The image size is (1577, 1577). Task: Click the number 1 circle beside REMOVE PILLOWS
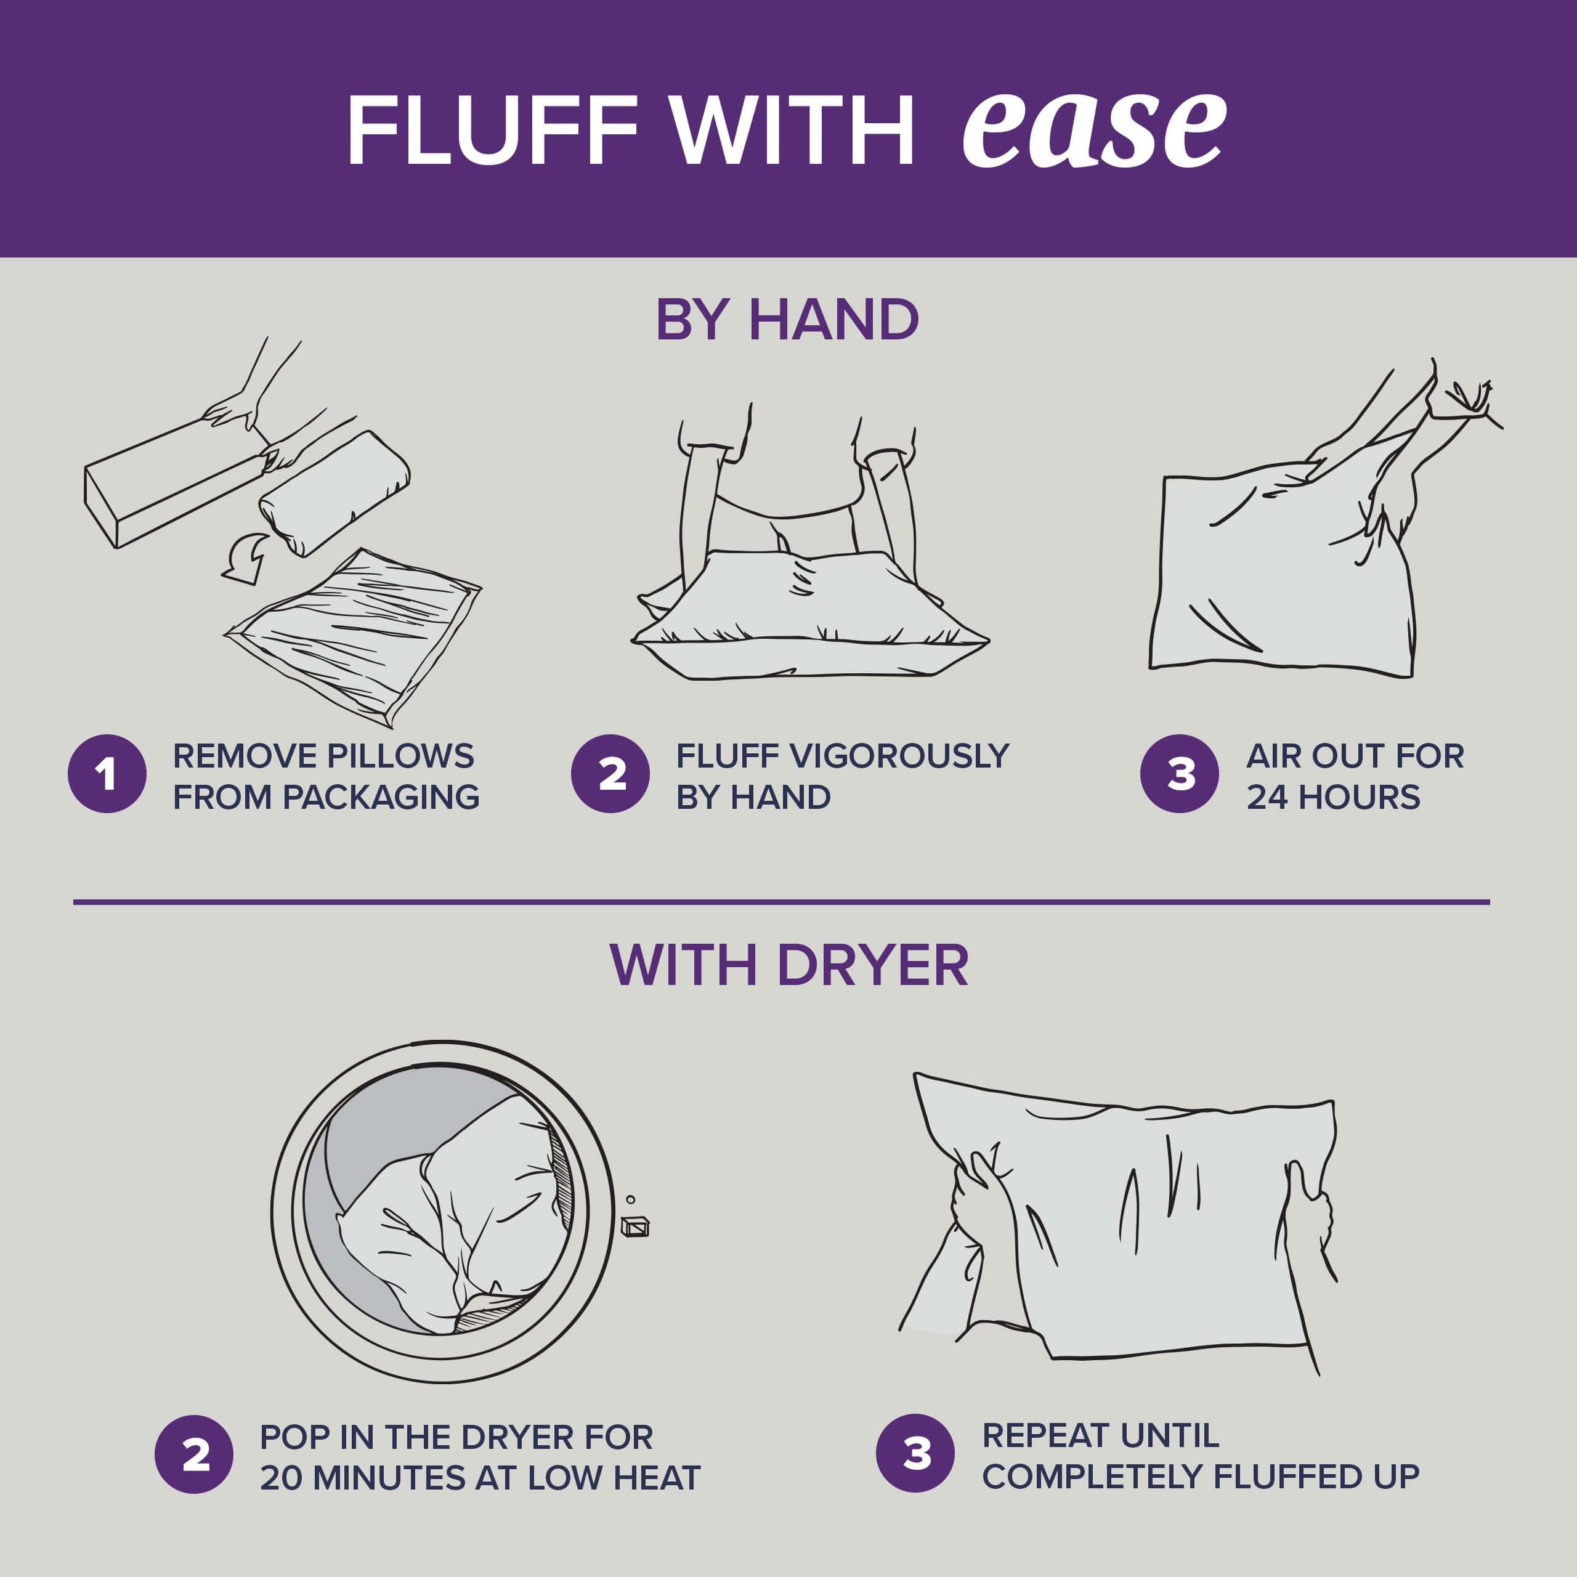tap(107, 774)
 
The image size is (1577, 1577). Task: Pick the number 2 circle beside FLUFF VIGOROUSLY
tap(610, 774)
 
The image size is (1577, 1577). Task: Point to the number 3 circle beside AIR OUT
tap(1180, 774)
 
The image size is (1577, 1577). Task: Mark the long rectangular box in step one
tap(176, 483)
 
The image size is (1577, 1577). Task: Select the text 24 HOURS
tap(1333, 797)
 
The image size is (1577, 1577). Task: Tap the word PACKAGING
tap(382, 797)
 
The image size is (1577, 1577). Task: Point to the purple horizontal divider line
tap(781, 902)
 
